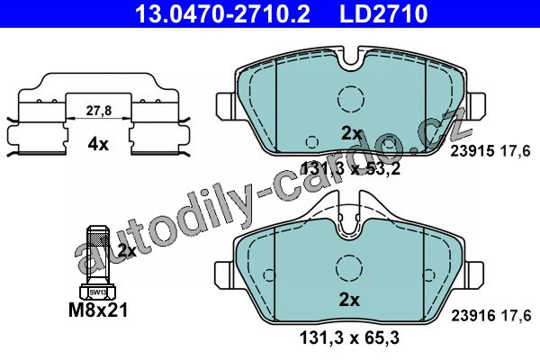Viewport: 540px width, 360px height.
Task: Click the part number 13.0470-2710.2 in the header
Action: tap(223, 13)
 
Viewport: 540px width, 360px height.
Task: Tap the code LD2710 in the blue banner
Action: tap(383, 13)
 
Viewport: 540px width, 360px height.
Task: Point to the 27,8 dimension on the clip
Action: tap(98, 111)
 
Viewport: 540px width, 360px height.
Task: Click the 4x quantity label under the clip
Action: tap(98, 144)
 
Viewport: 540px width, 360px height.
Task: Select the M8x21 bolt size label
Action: tap(98, 310)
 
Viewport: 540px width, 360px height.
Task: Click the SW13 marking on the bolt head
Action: tap(98, 292)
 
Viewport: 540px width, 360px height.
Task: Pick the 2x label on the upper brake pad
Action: tap(351, 133)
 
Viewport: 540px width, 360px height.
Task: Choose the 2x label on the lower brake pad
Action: tap(349, 300)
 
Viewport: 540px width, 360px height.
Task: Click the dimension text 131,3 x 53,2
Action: tap(350, 169)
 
